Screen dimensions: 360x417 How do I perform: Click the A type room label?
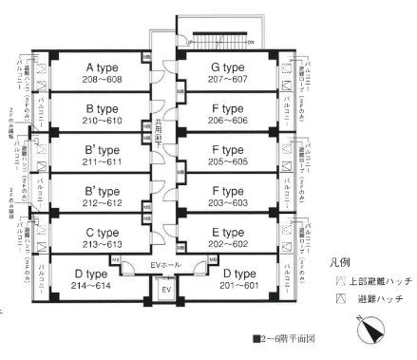click(102, 67)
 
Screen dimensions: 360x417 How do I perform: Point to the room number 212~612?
click(102, 201)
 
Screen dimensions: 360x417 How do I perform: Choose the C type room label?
click(102, 230)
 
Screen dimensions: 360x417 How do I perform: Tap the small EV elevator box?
click(164, 289)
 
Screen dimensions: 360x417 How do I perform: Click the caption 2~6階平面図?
click(287, 338)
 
